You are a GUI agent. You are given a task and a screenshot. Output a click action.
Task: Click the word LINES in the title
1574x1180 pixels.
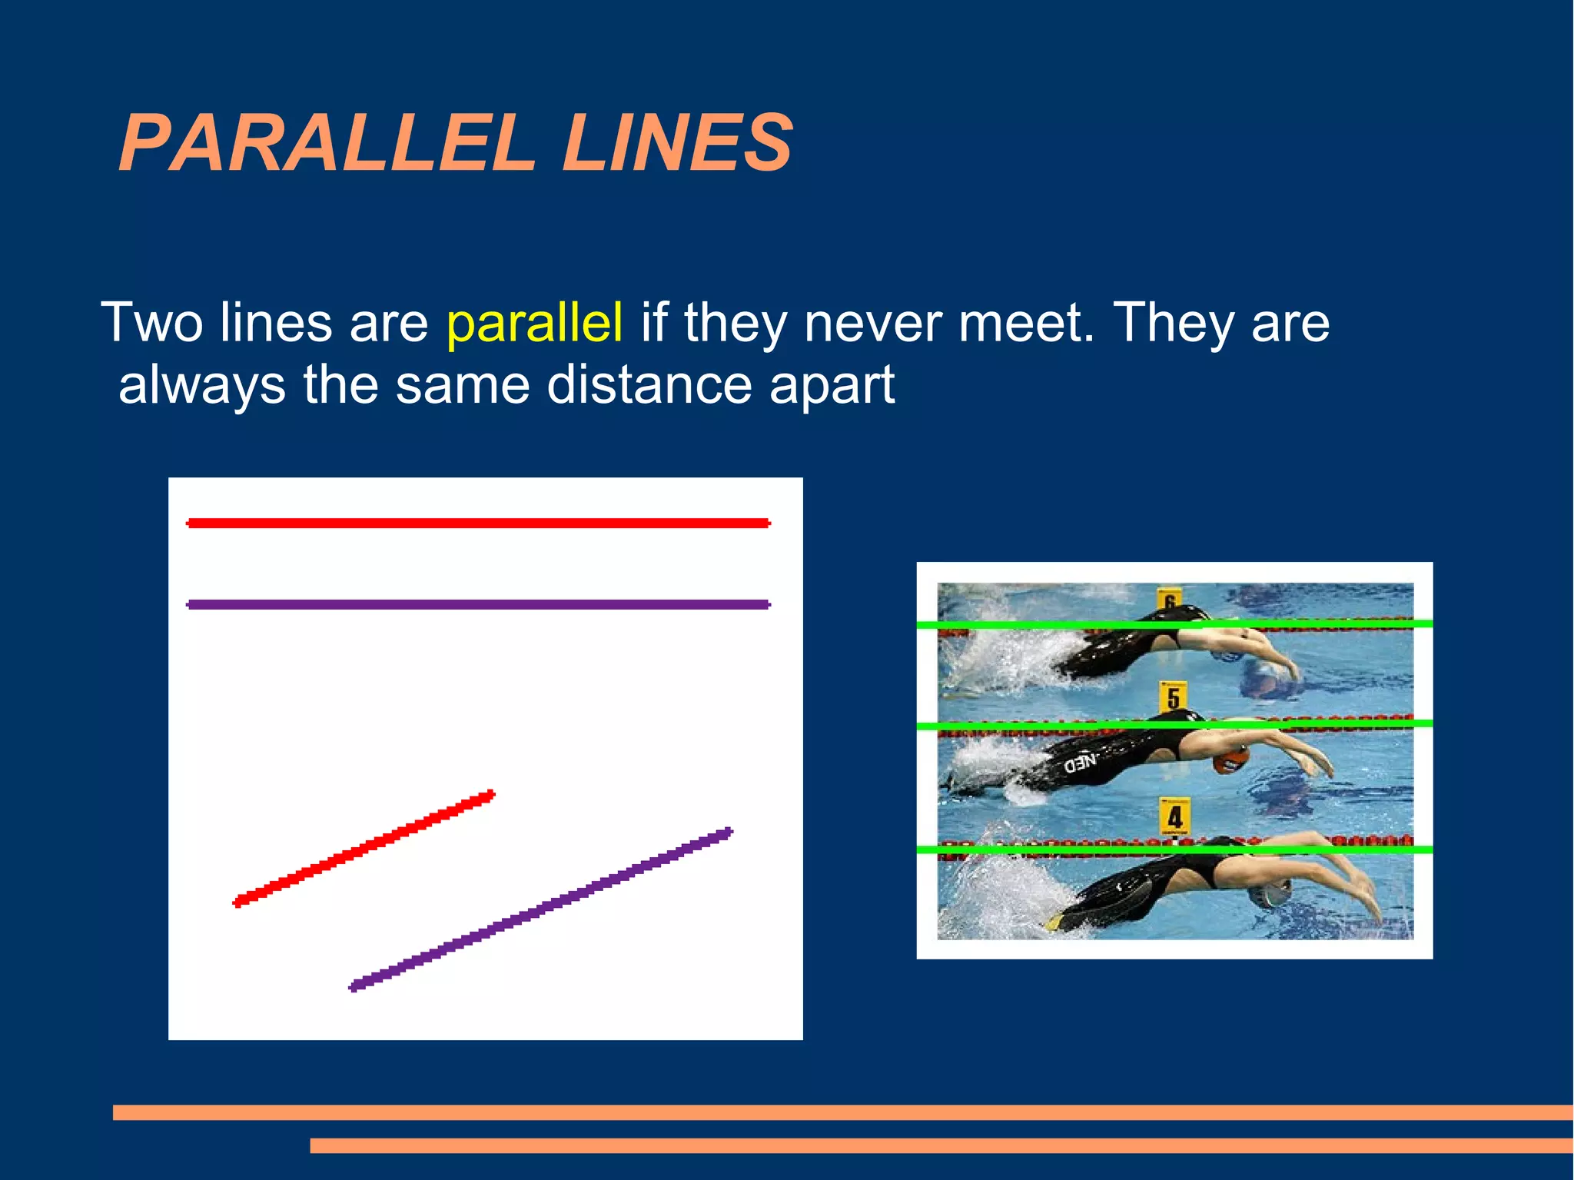coord(676,143)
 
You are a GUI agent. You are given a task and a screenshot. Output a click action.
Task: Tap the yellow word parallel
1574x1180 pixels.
coord(534,323)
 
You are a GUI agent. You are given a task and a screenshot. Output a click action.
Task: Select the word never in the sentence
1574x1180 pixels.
coord(872,323)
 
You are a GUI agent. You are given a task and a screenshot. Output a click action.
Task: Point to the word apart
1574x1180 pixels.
coord(832,387)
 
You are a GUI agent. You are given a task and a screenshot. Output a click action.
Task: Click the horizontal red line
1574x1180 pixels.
coord(478,524)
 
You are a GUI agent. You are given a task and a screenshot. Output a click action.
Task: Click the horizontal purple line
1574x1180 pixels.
coord(478,605)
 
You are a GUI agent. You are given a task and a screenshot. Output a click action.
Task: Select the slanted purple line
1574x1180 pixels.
coord(541,909)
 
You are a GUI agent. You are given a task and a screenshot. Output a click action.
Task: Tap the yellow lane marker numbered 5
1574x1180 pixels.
coord(1173,697)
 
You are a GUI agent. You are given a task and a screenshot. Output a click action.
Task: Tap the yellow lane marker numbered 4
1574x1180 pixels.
coord(1174,816)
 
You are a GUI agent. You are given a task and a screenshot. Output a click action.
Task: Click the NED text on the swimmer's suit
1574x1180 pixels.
coord(1080,763)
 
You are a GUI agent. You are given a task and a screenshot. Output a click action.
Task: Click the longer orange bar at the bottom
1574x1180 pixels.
coord(842,1112)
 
